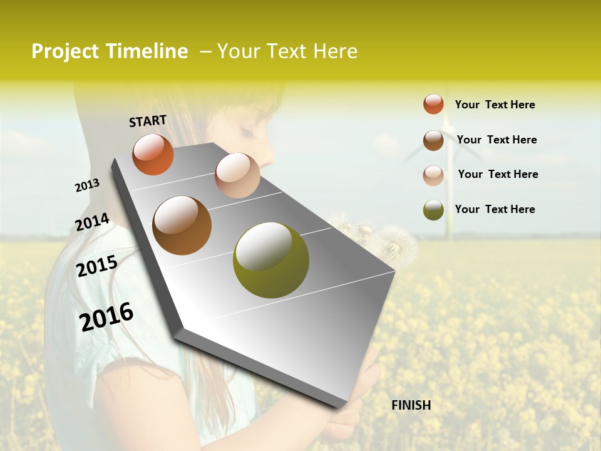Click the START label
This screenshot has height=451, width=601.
148,121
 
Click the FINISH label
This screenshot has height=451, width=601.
411,405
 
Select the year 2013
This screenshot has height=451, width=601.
87,185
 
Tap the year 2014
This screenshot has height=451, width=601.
92,222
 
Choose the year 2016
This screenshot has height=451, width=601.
106,316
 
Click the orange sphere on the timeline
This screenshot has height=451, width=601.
153,154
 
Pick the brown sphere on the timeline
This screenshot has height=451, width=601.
182,225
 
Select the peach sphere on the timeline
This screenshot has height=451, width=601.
237,175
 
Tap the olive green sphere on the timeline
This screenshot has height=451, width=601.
270,260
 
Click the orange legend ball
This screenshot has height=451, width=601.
433,104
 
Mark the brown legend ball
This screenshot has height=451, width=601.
433,140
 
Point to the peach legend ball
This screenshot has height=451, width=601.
433,175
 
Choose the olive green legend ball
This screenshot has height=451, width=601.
433,210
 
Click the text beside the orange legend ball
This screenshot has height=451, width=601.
495,105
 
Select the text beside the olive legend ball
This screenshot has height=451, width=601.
495,209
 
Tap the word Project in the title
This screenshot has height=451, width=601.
65,51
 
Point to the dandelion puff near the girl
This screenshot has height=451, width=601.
391,241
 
